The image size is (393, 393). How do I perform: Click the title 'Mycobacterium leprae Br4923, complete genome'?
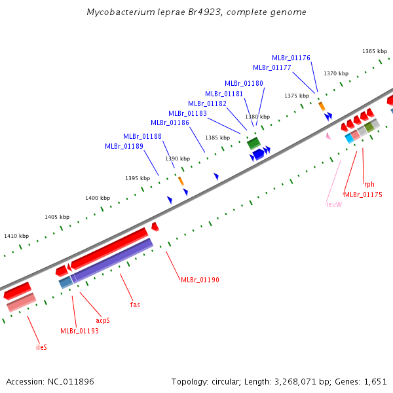tap(196, 12)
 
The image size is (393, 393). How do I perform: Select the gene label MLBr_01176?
tap(291, 58)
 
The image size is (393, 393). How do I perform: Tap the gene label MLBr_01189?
tap(124, 146)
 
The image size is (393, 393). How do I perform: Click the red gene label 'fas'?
tap(135, 305)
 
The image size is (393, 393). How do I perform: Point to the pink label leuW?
tap(333, 204)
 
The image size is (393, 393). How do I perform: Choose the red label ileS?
tap(41, 347)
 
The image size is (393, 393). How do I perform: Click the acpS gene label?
tap(103, 320)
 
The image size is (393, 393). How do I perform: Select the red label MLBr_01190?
tap(200, 280)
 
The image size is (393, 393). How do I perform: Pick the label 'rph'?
tap(369, 184)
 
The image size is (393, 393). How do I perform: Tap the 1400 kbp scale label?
tap(98, 198)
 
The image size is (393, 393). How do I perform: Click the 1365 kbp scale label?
tap(375, 51)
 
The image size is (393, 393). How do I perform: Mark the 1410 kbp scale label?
tap(16, 236)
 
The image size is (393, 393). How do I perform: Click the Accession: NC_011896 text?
tap(51, 381)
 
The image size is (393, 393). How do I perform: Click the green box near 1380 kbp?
tap(253, 142)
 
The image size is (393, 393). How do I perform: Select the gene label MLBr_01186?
tap(170, 122)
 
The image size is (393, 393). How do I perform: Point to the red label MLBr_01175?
tap(363, 195)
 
